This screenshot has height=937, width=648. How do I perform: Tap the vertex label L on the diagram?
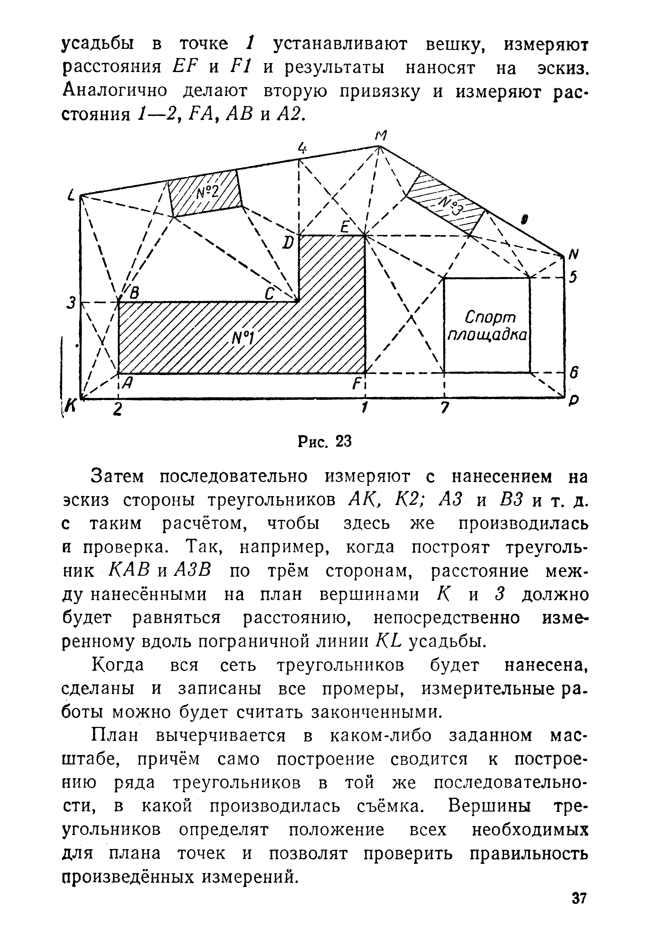pyautogui.click(x=71, y=197)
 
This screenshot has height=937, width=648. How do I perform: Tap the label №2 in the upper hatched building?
pyautogui.click(x=207, y=192)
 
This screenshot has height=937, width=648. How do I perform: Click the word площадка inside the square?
pyautogui.click(x=487, y=336)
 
